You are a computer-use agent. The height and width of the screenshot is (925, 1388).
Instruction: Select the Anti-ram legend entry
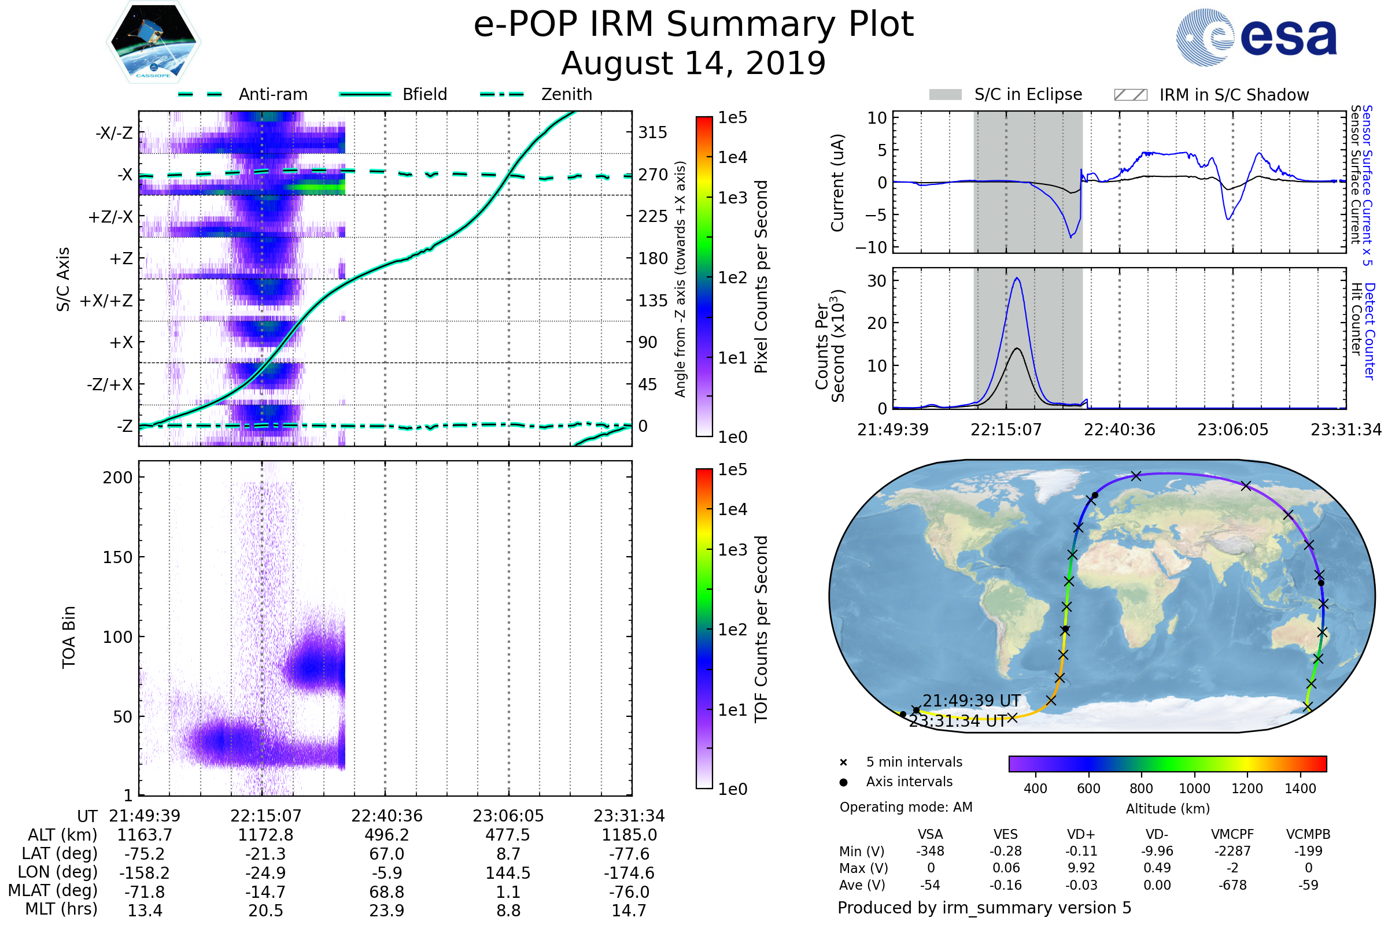coord(242,94)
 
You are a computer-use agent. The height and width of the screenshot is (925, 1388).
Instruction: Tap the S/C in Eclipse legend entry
coord(1006,94)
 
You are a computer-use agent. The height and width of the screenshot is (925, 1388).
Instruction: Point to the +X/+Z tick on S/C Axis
coord(106,301)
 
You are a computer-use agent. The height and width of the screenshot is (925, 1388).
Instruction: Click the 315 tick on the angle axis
coord(653,132)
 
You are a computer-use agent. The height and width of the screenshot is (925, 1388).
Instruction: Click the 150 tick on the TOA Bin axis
coord(117,557)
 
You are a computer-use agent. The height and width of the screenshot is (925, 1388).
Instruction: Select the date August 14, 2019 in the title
coord(693,63)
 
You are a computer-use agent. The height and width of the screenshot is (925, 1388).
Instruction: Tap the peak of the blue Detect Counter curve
coord(1017,278)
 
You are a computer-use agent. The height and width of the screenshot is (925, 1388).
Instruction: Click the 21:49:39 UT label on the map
coord(972,701)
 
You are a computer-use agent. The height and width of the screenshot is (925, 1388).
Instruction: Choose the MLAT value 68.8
coord(387,892)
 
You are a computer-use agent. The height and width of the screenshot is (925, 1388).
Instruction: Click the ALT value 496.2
coord(387,835)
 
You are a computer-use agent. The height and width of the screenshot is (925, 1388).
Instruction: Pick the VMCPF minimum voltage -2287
coord(1232,851)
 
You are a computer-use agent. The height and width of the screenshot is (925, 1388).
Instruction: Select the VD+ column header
coord(1081,834)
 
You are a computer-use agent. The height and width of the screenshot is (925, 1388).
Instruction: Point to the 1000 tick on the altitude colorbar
coord(1194,789)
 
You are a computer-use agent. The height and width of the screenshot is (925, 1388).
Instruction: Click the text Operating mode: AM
coord(906,807)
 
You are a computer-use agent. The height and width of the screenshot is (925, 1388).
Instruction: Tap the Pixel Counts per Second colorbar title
coord(761,276)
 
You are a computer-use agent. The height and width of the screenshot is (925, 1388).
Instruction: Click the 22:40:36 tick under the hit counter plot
coord(1120,430)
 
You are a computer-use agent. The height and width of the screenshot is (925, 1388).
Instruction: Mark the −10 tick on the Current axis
coord(871,247)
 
